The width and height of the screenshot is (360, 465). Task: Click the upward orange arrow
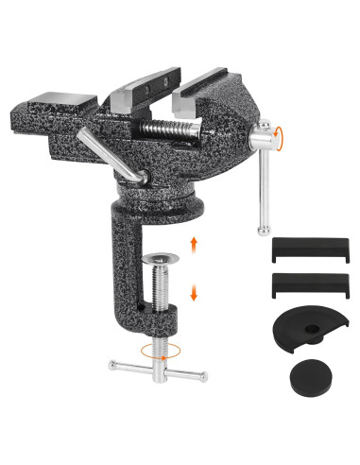[194, 245]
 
